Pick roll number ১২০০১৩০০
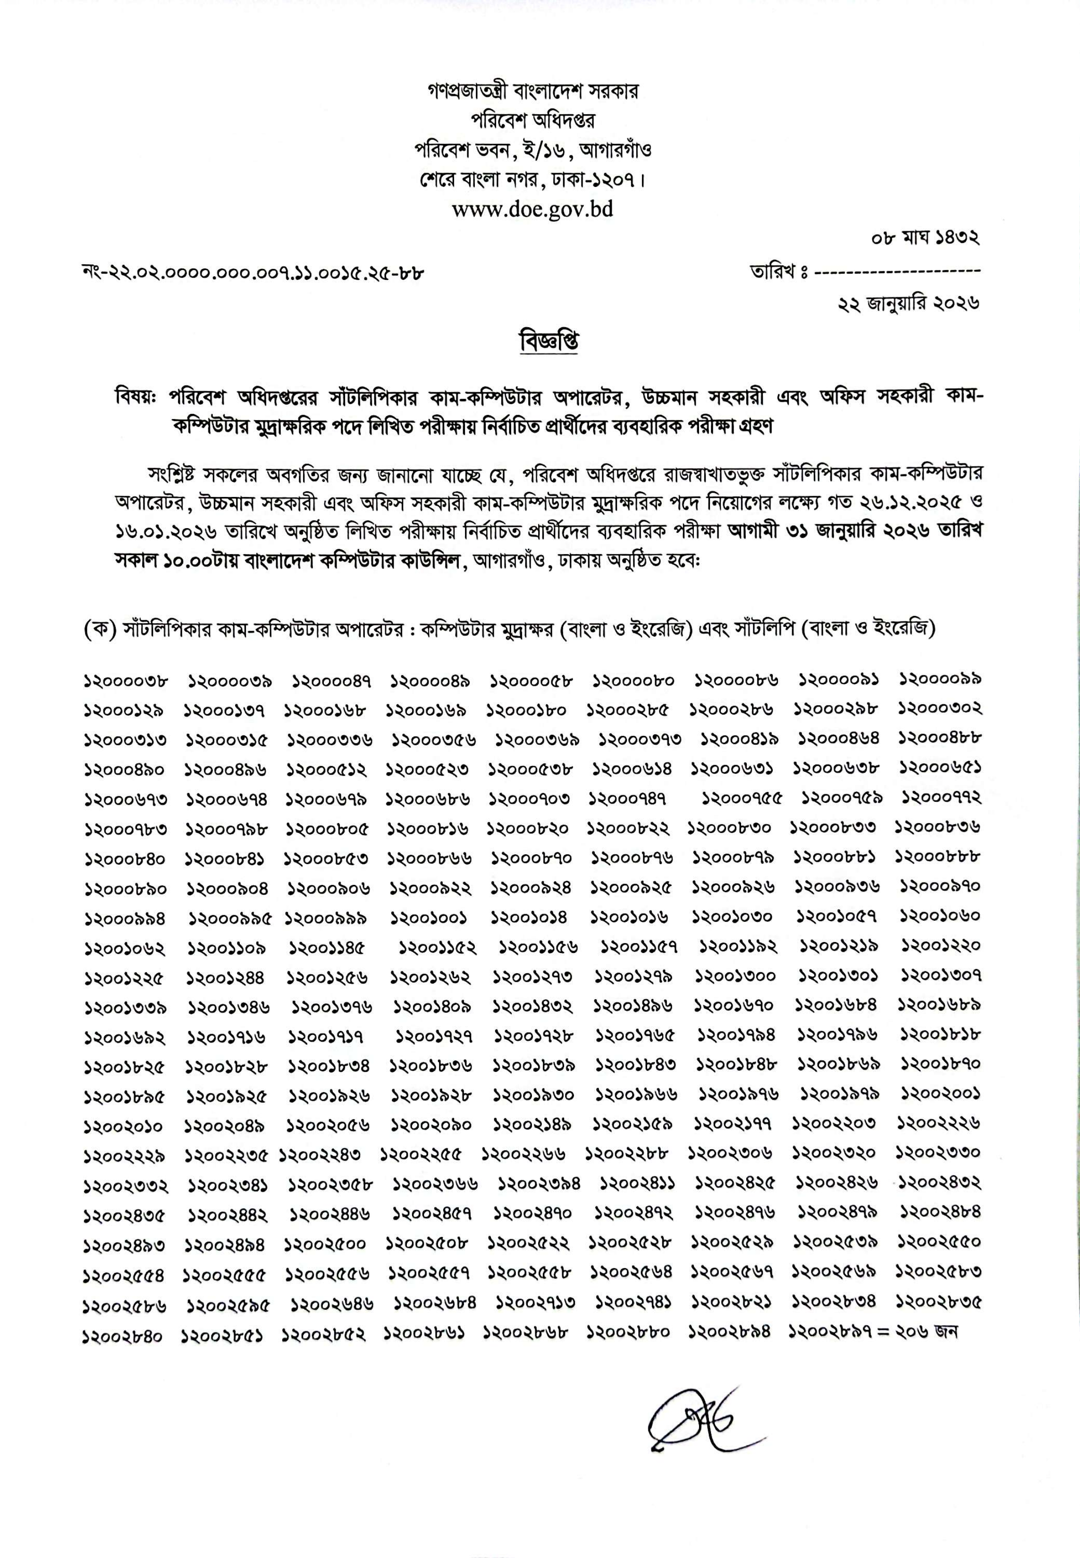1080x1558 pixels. (735, 977)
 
